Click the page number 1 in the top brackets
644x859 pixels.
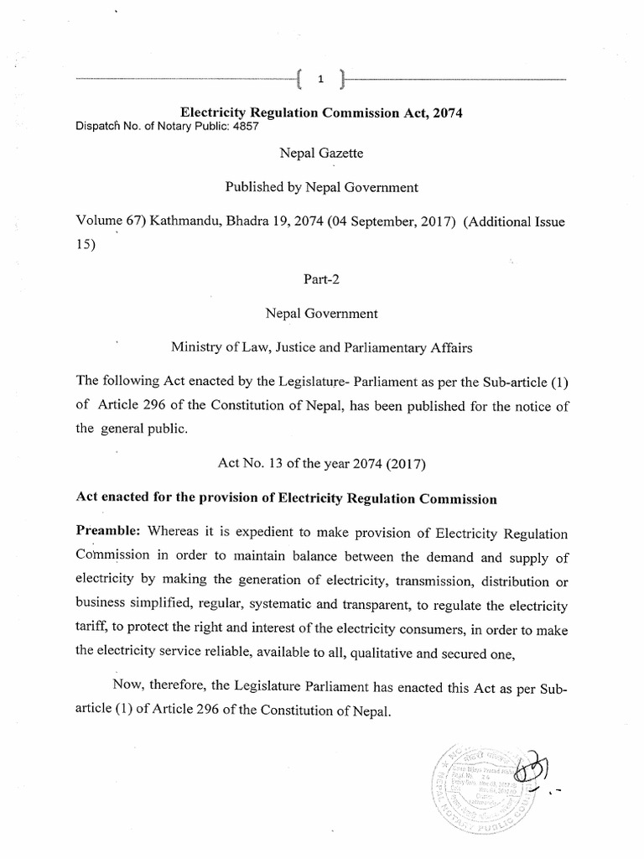320,81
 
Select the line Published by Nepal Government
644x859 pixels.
321,187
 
